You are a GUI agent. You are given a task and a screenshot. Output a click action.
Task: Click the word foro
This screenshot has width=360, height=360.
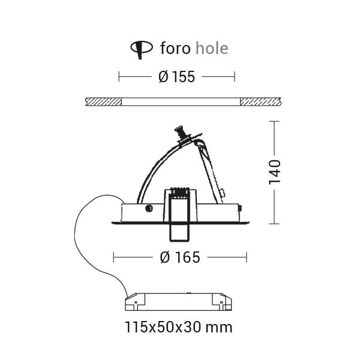tap(175, 48)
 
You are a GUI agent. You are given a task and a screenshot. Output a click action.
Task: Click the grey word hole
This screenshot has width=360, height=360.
tap(212, 48)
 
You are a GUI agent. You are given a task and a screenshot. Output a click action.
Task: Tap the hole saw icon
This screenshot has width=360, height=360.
tap(142, 50)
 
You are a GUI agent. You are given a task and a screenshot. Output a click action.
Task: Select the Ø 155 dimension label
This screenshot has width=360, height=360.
tap(176, 77)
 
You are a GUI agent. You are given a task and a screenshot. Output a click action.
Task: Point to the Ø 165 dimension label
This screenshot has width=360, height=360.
tap(180, 257)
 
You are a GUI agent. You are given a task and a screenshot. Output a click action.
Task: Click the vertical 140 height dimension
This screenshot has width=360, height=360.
tap(275, 172)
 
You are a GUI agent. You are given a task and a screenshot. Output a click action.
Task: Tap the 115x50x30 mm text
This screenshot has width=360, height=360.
tap(178, 327)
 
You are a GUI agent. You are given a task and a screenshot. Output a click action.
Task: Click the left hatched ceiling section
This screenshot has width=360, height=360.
tap(103, 102)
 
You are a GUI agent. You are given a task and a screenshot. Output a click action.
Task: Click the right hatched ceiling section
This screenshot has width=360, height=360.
tap(260, 102)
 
